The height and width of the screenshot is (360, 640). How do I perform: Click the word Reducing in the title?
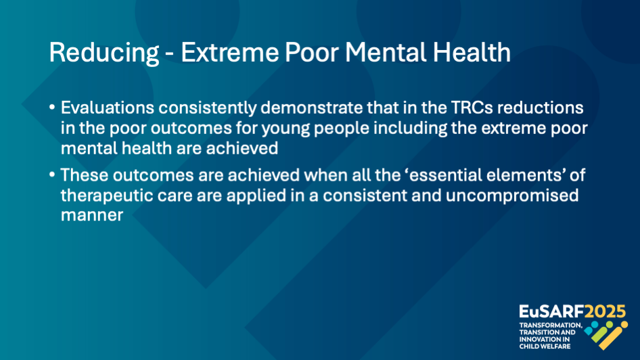(x=104, y=53)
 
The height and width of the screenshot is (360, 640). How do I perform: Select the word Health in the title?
(x=472, y=52)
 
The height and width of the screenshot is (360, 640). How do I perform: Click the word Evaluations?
(x=108, y=108)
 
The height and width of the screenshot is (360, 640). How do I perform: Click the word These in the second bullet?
(x=85, y=175)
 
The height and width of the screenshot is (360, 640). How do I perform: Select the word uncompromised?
(x=512, y=196)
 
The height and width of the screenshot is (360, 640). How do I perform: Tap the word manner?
(x=92, y=215)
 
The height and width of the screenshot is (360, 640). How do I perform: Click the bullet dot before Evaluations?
(x=52, y=108)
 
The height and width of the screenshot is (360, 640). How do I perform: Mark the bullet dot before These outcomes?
(x=52, y=175)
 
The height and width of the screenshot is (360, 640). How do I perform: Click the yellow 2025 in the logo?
(x=605, y=312)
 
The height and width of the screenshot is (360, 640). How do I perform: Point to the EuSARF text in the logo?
(x=551, y=312)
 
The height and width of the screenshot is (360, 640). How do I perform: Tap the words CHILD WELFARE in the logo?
(x=545, y=346)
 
